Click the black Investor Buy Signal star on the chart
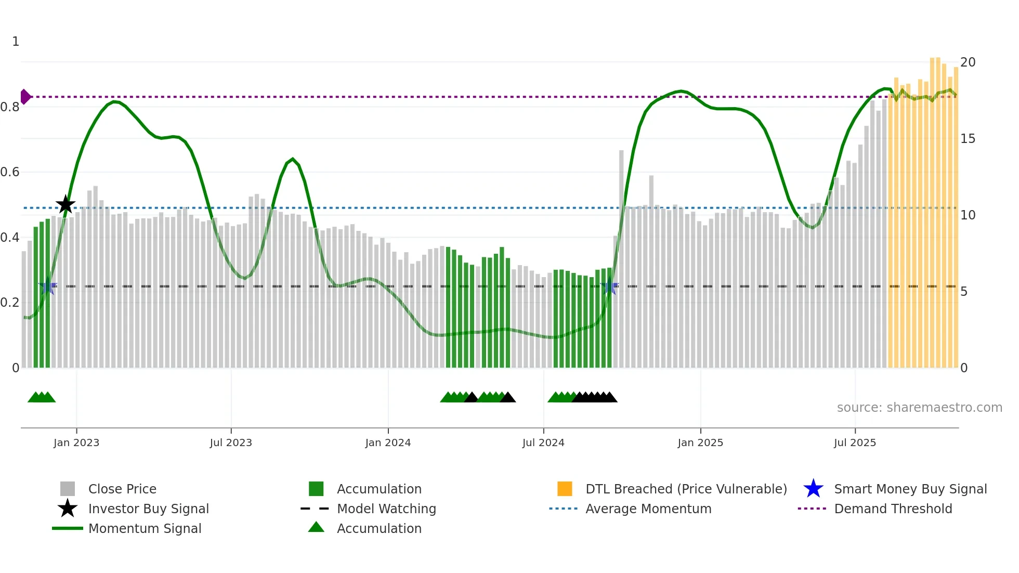[66, 205]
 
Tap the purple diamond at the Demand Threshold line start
[25, 97]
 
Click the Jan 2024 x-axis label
[388, 442]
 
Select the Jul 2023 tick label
[231, 442]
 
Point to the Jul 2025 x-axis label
[855, 442]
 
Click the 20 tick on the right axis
[968, 62]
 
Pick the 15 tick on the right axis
[968, 139]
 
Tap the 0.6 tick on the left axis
[10, 172]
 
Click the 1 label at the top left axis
[16, 42]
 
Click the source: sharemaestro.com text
[919, 408]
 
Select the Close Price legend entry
[122, 489]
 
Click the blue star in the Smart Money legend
[813, 489]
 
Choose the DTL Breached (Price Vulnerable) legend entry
[686, 489]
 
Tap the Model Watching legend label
[386, 509]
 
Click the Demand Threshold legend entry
[893, 509]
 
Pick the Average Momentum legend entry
[648, 509]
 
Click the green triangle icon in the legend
[316, 527]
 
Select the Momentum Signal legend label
[145, 528]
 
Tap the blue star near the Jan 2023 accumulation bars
[48, 286]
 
